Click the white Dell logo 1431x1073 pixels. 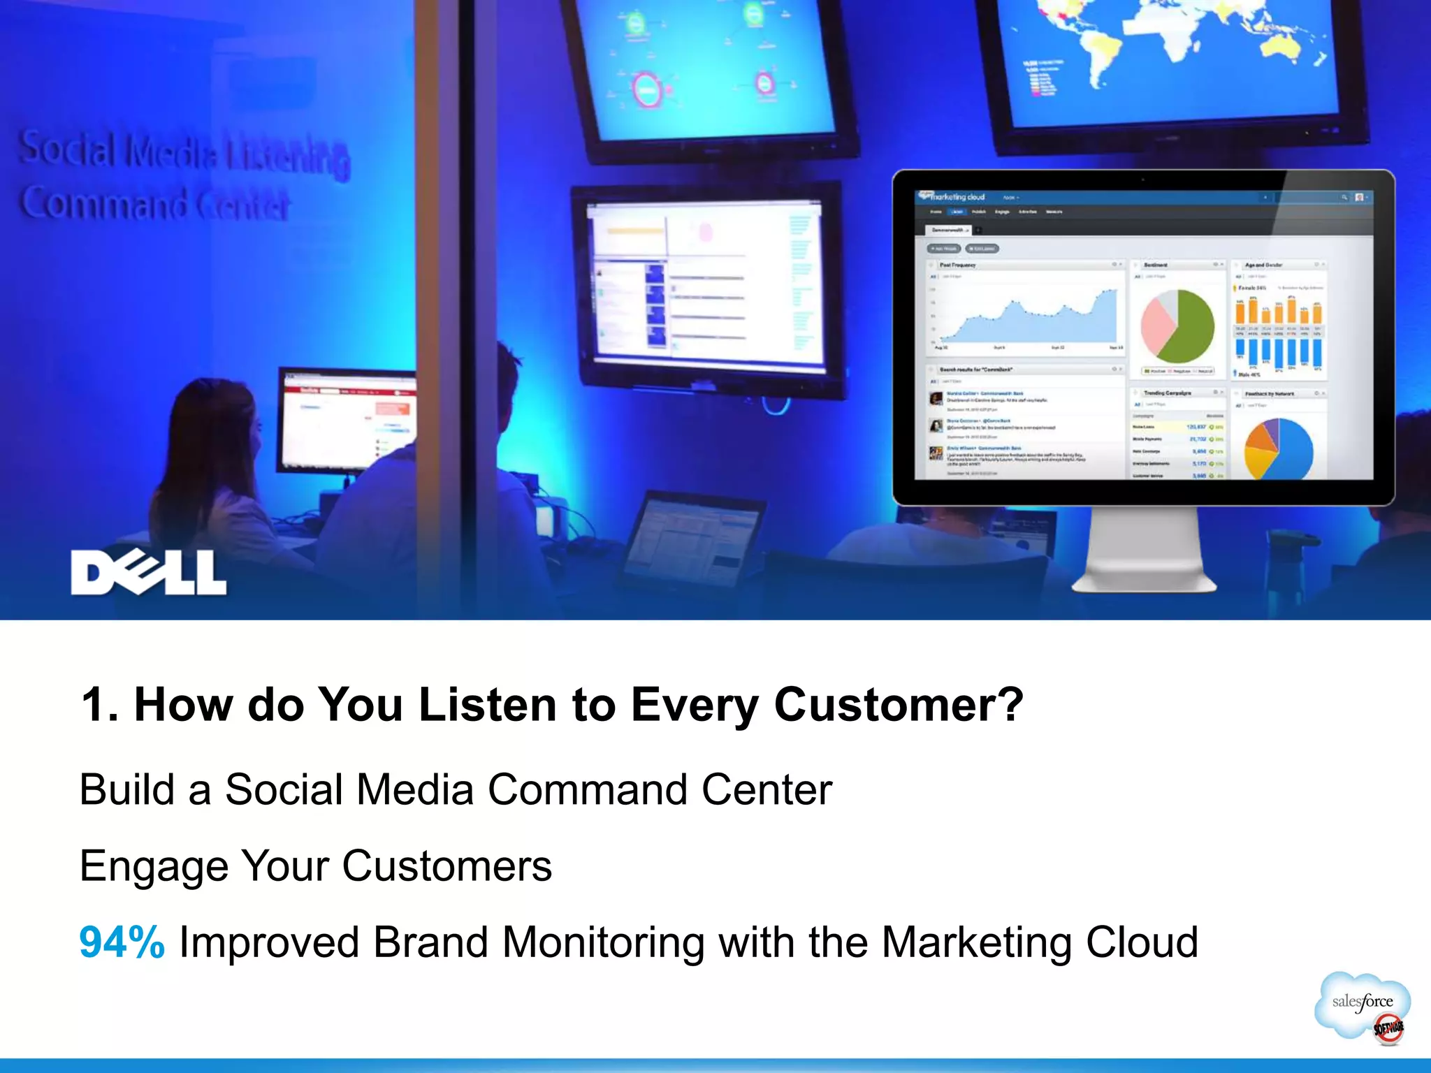point(148,573)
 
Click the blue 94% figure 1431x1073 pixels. point(122,942)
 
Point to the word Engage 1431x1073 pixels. point(154,867)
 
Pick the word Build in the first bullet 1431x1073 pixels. point(126,790)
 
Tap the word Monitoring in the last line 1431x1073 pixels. point(603,942)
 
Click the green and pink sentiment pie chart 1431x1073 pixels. point(1178,326)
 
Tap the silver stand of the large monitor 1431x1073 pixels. point(1144,552)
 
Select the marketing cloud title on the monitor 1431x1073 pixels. point(958,197)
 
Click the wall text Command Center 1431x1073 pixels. point(154,203)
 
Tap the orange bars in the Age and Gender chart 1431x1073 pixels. point(1277,312)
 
